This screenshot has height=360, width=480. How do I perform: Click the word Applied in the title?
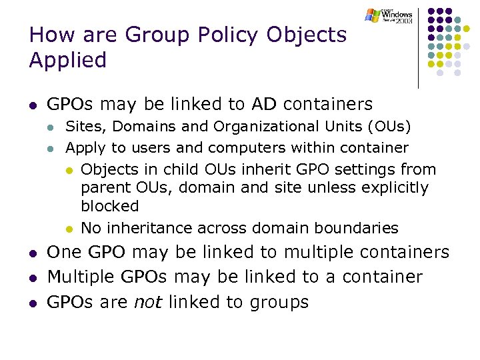pyautogui.click(x=68, y=60)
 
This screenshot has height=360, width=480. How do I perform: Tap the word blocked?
pyautogui.click(x=110, y=206)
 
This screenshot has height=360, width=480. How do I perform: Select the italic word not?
pyautogui.click(x=149, y=302)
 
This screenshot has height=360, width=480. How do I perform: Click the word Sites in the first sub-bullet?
pyautogui.click(x=82, y=126)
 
